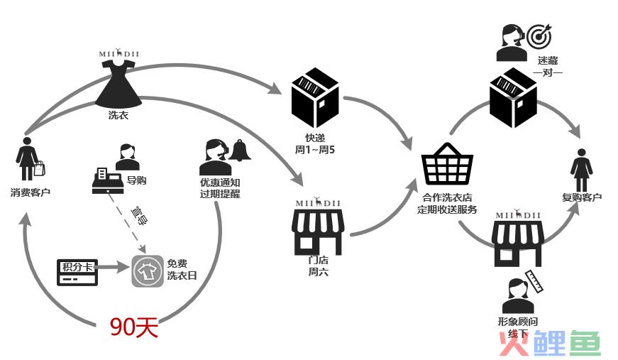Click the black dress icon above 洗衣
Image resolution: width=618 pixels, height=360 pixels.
pyautogui.click(x=118, y=82)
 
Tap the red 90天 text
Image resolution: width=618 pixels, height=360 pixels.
pyautogui.click(x=133, y=327)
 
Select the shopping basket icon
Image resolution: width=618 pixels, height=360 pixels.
pyautogui.click(x=447, y=165)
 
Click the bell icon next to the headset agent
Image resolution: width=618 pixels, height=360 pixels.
pyautogui.click(x=239, y=150)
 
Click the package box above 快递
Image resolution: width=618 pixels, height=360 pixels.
pyautogui.click(x=316, y=99)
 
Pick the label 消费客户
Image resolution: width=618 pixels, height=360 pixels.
pyautogui.click(x=31, y=193)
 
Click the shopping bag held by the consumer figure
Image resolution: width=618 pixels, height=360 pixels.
pyautogui.click(x=40, y=168)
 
